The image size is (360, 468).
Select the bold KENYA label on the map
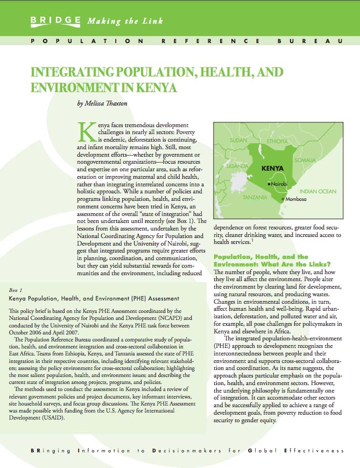(272, 167)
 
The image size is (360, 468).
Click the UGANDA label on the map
(237, 166)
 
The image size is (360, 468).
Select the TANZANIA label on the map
(256, 197)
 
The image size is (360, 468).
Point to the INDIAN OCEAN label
(318, 191)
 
